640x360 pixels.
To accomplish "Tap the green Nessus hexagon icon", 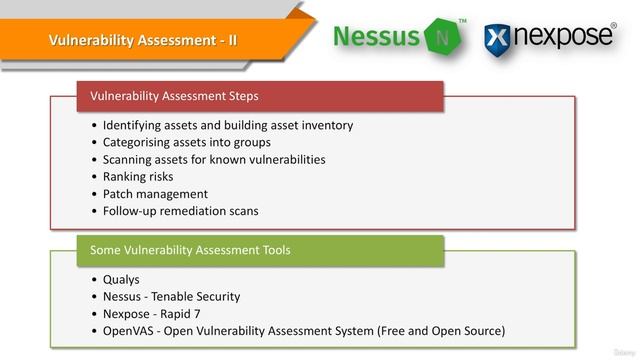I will click(x=442, y=37).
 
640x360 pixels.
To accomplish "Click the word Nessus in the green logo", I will click(x=376, y=37).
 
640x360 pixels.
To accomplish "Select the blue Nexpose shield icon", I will click(x=497, y=39).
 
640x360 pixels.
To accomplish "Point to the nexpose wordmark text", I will click(x=561, y=36).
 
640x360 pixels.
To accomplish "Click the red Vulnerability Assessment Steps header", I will click(x=174, y=96).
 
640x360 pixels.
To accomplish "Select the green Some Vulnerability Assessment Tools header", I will click(x=190, y=250).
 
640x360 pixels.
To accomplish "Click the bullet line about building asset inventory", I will click(x=227, y=125).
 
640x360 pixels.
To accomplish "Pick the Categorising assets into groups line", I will click(x=172, y=142).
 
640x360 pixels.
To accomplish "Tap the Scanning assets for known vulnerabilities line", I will click(x=213, y=159).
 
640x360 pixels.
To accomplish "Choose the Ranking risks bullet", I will click(x=137, y=176).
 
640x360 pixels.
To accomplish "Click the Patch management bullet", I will click(x=155, y=194).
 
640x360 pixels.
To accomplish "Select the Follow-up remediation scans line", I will click(x=180, y=211).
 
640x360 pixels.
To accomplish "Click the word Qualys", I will click(x=121, y=279).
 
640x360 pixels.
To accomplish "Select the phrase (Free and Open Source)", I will click(x=439, y=330).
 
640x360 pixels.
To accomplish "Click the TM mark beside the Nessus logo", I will click(x=462, y=20).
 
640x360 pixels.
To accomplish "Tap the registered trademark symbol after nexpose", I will click(x=612, y=26).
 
